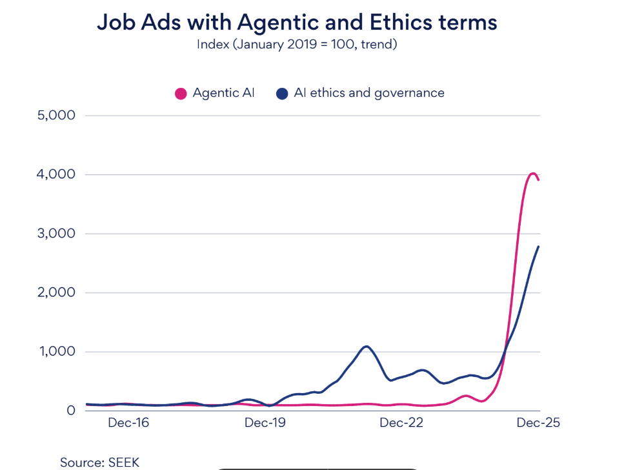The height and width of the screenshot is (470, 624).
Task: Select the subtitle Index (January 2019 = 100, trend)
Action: (297, 45)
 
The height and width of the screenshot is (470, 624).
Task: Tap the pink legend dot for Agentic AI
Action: (181, 94)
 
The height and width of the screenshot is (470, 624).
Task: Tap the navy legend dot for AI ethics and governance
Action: (282, 94)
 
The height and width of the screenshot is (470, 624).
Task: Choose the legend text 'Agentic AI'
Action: (223, 93)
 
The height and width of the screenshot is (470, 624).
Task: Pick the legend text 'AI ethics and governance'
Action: (369, 93)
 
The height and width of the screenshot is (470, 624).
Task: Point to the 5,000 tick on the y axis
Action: (57, 116)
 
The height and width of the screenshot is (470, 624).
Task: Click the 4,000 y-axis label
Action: (57, 174)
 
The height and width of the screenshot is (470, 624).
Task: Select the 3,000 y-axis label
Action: (57, 234)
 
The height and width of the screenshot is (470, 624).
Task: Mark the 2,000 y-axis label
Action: (57, 292)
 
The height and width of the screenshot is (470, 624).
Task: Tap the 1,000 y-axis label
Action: (57, 352)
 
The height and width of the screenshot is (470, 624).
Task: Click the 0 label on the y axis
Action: (72, 411)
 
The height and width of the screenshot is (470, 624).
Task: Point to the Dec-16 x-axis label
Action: (128, 424)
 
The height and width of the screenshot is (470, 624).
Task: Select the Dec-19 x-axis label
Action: (265, 424)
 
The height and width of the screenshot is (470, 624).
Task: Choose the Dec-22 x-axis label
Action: (401, 424)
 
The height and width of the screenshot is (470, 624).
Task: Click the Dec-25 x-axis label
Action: (538, 424)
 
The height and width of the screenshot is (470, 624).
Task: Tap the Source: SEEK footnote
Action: (99, 462)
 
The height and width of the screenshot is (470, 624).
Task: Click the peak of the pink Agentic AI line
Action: (532, 173)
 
